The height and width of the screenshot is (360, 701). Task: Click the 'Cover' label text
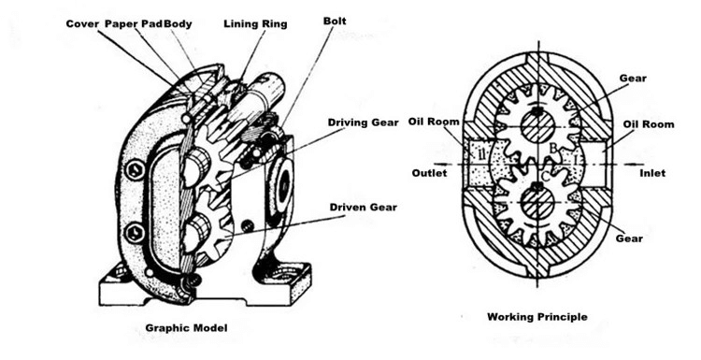[x=82, y=23]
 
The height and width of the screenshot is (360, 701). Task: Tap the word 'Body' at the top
[x=178, y=24]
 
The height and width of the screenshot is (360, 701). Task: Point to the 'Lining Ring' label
[x=255, y=24]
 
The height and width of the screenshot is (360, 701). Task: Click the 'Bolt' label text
[x=335, y=21]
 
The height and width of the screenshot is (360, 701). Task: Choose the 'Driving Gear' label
[x=363, y=122]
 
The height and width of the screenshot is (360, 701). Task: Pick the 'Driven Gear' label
[x=363, y=208]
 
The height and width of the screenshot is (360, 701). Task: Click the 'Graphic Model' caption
[x=186, y=328]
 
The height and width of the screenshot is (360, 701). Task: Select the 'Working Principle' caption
[x=536, y=317]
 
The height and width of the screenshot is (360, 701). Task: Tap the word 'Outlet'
[x=429, y=173]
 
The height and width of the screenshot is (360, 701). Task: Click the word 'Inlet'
[x=652, y=173]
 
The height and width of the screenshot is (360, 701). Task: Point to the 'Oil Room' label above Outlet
[x=434, y=122]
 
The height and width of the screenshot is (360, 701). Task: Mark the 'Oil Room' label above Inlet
[x=649, y=124]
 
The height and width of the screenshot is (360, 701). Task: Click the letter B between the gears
[x=553, y=148]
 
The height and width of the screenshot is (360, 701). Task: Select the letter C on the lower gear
[x=546, y=177]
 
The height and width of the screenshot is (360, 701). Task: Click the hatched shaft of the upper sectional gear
[x=537, y=126]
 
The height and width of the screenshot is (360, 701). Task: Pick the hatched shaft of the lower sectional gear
[x=537, y=202]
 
